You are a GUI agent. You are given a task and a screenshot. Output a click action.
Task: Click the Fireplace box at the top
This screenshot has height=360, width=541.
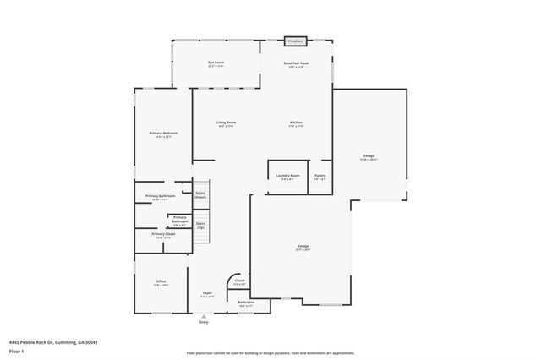pos(295,41)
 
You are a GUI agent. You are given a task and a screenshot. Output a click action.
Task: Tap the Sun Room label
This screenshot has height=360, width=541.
pos(216,63)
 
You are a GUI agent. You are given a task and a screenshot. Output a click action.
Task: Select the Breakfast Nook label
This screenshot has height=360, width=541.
pos(295,63)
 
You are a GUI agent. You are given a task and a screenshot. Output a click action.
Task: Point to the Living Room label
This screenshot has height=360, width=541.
pos(227,123)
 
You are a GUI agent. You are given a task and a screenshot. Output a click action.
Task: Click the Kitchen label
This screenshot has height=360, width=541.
pos(296,123)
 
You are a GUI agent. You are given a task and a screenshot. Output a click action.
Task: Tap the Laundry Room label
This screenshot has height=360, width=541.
pos(287,177)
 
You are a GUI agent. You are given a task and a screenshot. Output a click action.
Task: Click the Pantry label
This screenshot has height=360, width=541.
pos(320,177)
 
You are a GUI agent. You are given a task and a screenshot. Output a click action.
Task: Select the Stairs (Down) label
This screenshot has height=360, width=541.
pos(200,194)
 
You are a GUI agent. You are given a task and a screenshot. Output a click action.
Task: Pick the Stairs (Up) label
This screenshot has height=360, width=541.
pos(200,226)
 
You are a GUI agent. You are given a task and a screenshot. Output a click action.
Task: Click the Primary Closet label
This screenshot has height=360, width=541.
pos(163,235)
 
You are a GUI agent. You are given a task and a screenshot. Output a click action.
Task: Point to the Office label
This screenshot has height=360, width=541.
pos(161,282)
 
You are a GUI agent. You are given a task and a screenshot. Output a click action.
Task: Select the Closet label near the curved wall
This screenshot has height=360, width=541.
pos(239,281)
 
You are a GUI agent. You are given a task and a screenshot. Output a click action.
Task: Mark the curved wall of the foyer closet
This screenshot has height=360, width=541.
pos(229,279)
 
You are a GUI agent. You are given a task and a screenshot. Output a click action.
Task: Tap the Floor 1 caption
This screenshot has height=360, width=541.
pos(17,351)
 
